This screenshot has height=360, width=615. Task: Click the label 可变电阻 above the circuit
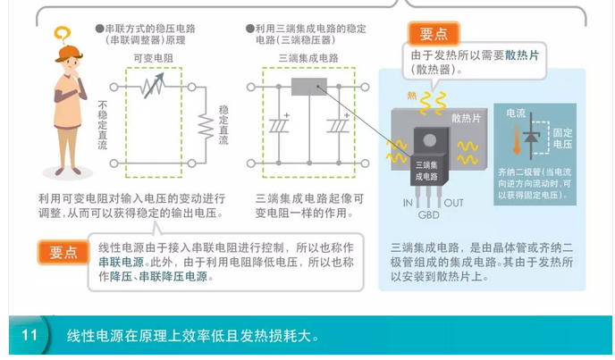[x=153, y=58]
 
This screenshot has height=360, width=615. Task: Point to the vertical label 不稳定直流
[x=103, y=125]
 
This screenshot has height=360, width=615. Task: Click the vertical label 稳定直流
[x=223, y=125]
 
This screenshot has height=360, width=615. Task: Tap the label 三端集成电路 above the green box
[x=308, y=58]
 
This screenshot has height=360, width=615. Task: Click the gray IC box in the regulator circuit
[x=309, y=88]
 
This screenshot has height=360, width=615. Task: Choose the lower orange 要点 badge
[x=63, y=253]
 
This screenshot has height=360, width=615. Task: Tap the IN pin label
[x=407, y=203]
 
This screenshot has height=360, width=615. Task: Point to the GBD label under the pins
[x=429, y=214]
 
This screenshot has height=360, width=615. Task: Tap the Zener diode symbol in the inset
[x=534, y=134]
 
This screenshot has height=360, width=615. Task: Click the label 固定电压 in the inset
[x=562, y=138]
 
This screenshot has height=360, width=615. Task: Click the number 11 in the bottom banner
[x=29, y=336]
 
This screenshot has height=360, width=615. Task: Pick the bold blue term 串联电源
[x=121, y=262]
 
